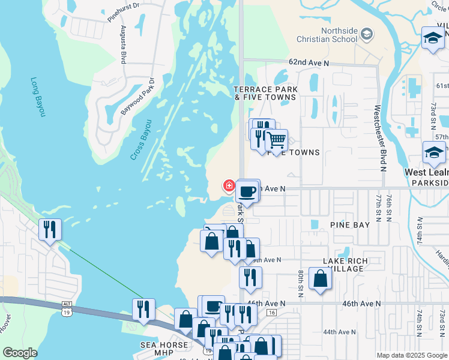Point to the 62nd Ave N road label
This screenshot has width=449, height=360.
(309, 62)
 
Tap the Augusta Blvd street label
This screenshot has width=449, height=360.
(124, 44)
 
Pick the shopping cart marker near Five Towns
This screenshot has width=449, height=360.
(276, 140)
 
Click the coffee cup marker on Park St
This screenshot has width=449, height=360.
(248, 191)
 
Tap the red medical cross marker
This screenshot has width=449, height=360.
(229, 185)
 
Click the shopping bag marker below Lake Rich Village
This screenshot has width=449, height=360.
(321, 278)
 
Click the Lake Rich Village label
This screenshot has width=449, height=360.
(343, 265)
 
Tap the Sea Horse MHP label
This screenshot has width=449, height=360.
(164, 345)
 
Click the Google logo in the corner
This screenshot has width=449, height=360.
(20, 353)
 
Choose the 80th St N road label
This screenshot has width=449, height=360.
(301, 282)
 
